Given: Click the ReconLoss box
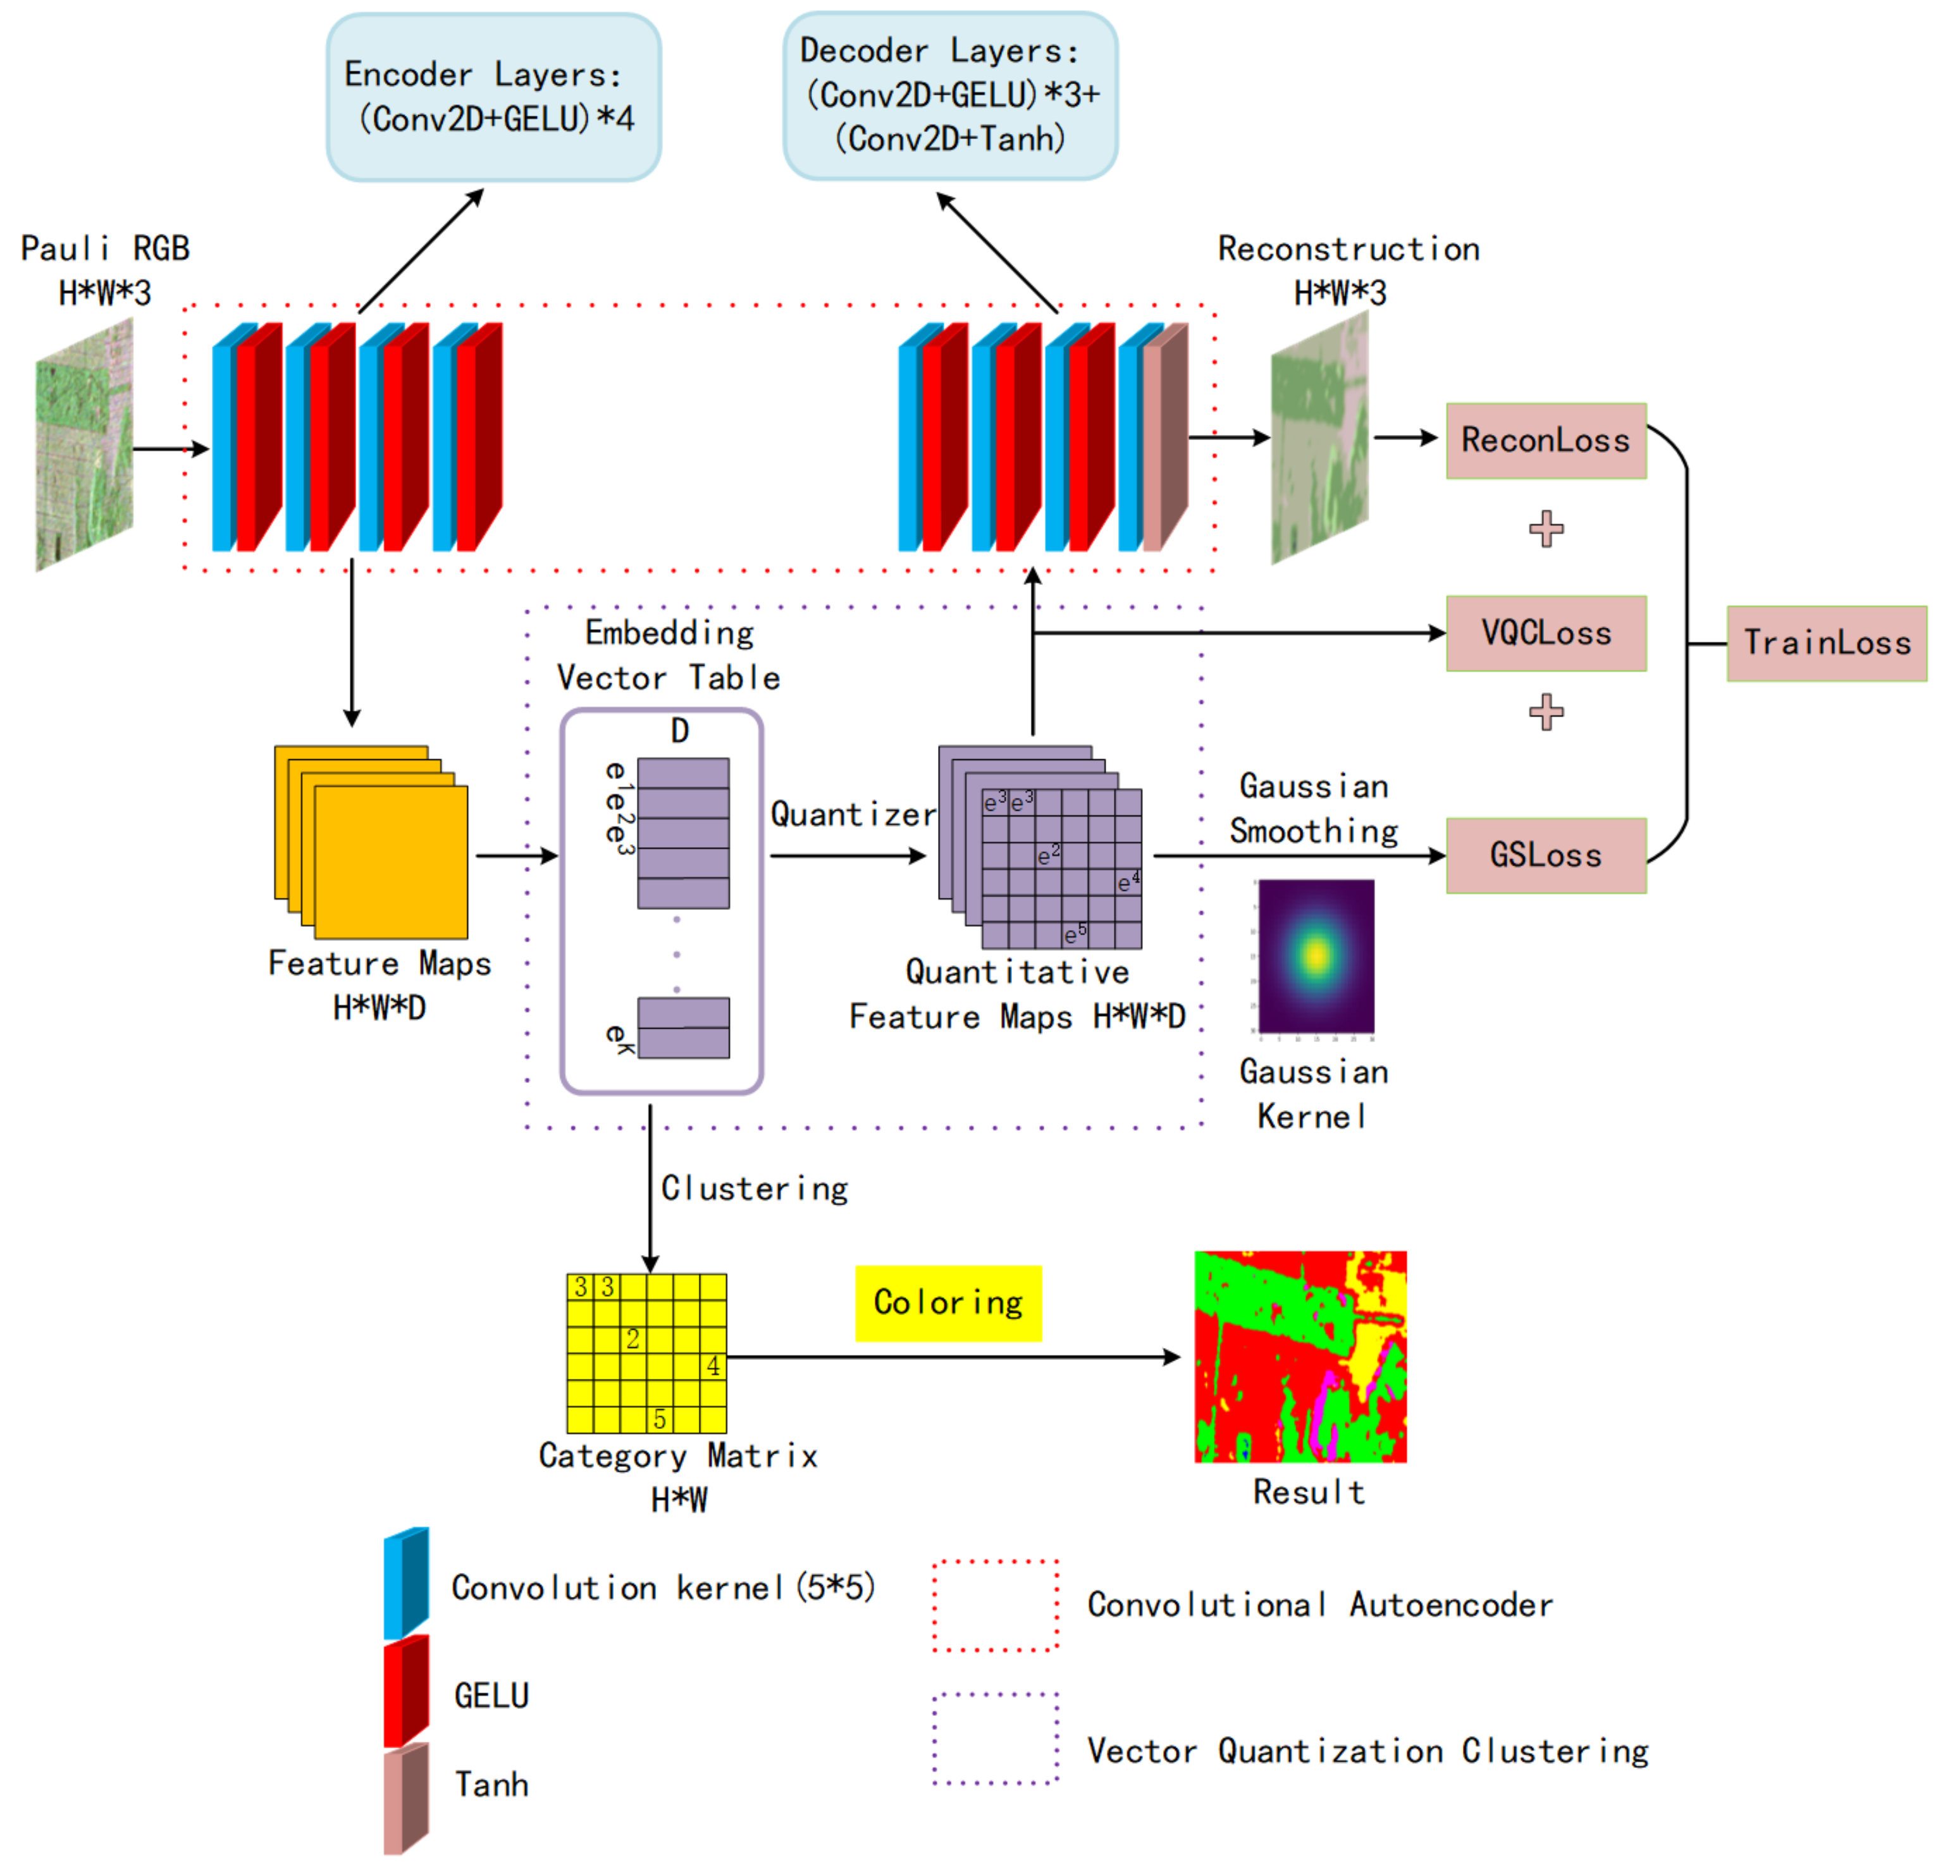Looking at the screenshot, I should click(x=1545, y=441).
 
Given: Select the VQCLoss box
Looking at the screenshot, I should click(x=1545, y=634).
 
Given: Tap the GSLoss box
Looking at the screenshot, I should click(x=1545, y=856).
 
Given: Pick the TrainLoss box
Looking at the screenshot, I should click(x=1826, y=644).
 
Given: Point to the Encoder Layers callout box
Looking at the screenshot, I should click(x=493, y=97).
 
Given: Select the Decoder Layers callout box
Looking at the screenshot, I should click(x=950, y=96).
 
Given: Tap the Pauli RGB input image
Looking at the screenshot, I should click(x=85, y=444).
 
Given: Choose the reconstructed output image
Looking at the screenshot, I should click(x=1320, y=438).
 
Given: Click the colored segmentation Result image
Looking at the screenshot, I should click(x=1300, y=1357).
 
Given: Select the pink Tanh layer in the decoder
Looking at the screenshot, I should click(x=1164, y=438).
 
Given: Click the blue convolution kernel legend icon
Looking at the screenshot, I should click(x=405, y=1583).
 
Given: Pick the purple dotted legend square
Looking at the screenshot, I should click(x=995, y=1739).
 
